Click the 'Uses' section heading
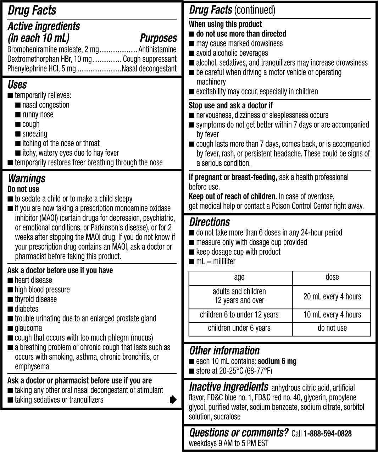(17, 85)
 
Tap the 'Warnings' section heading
(27, 178)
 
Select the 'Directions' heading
(209, 222)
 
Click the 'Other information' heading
(224, 351)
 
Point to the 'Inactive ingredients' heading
(229, 387)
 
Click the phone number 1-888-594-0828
(327, 433)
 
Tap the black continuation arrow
(173, 400)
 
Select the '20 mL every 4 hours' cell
(332, 296)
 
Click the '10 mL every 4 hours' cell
(332, 315)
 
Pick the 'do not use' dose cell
(332, 328)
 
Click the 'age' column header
(239, 277)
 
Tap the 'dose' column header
(332, 277)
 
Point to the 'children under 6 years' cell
(239, 328)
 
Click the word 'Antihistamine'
(157, 49)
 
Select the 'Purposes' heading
(158, 38)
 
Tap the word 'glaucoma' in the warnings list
(28, 328)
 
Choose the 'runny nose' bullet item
(38, 115)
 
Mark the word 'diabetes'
(27, 309)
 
